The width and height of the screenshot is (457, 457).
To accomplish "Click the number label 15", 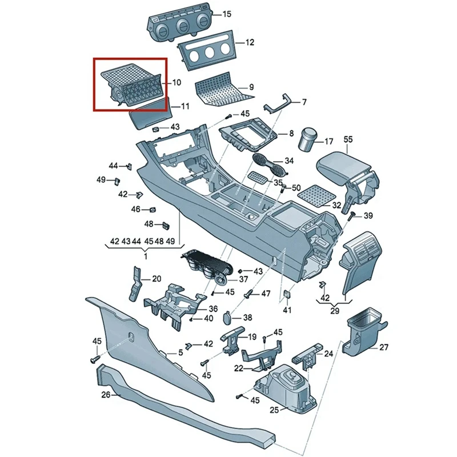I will tap(211, 14).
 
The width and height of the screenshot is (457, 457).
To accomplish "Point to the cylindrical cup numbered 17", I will tap(310, 138).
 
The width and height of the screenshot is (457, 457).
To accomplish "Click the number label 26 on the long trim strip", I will tap(106, 395).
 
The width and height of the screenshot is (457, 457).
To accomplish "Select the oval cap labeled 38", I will tap(227, 317).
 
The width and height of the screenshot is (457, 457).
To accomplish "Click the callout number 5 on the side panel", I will tap(181, 353).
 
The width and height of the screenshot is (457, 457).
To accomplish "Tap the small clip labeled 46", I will tap(153, 210).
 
